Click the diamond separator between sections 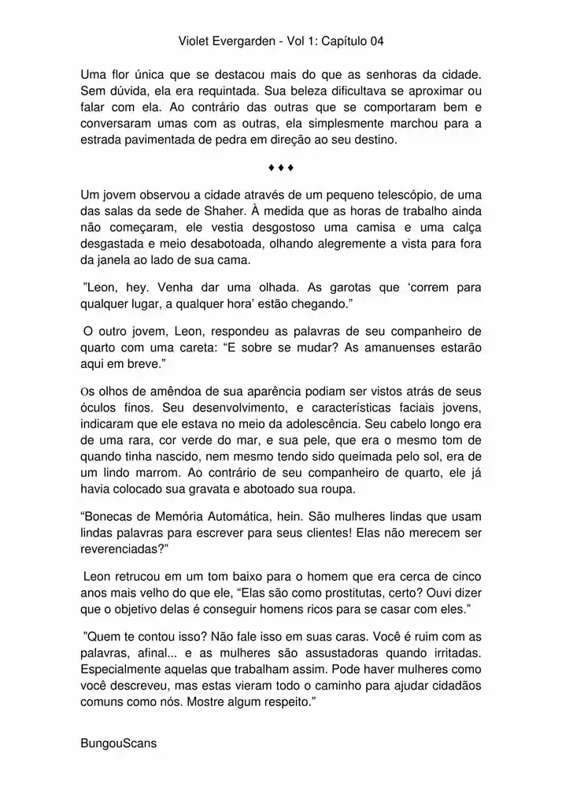tap(280, 167)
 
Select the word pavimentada tap(156, 140)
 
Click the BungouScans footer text tap(118, 743)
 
